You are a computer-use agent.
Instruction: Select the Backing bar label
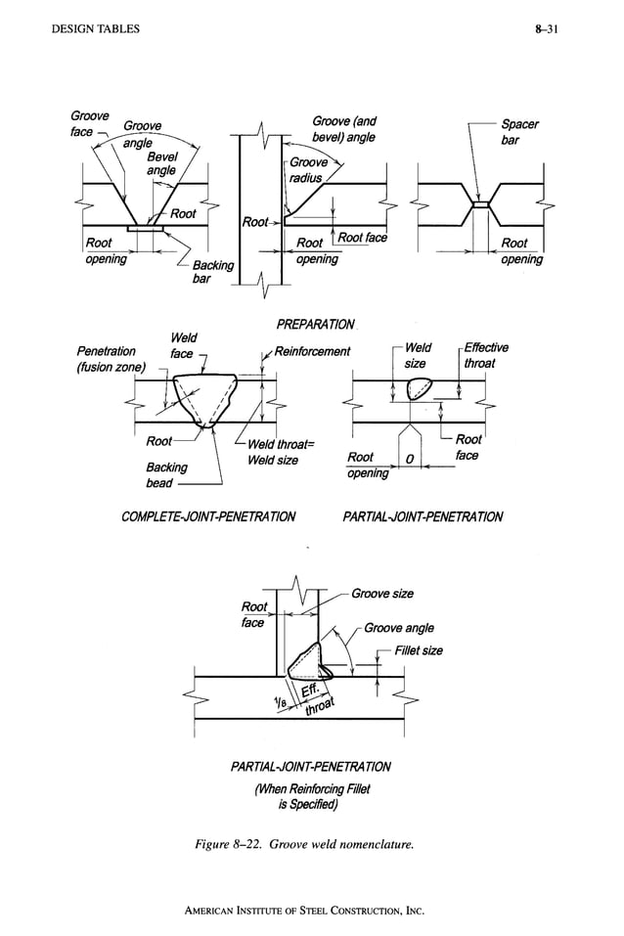[x=212, y=272]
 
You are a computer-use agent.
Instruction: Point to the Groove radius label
[x=308, y=170]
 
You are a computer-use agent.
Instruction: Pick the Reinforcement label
[x=312, y=351]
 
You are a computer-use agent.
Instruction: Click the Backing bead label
[x=166, y=475]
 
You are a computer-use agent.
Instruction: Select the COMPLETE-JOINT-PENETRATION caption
[x=207, y=516]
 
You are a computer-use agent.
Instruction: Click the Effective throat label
[x=485, y=354]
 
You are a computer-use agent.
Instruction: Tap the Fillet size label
[x=418, y=650]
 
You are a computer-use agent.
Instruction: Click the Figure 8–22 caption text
[x=306, y=846]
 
